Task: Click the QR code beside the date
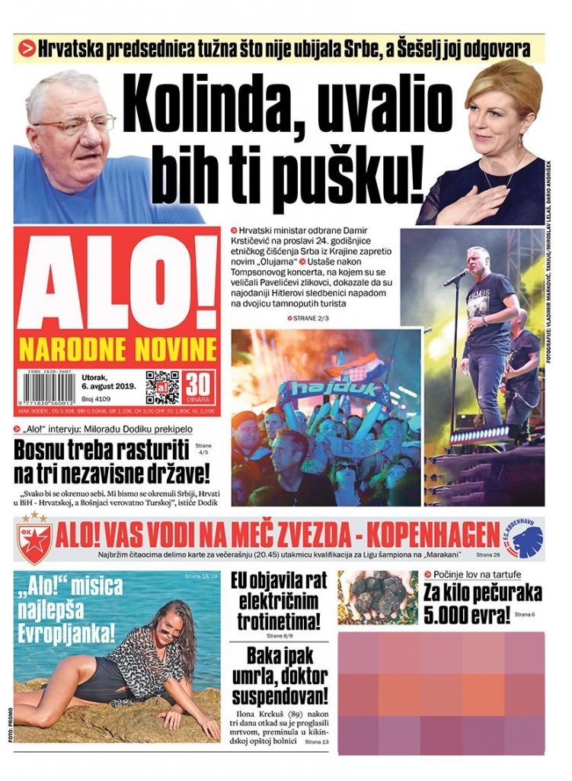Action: [161, 387]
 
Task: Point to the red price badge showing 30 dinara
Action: [197, 387]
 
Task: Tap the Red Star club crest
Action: [34, 541]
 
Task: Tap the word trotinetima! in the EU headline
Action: [278, 620]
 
